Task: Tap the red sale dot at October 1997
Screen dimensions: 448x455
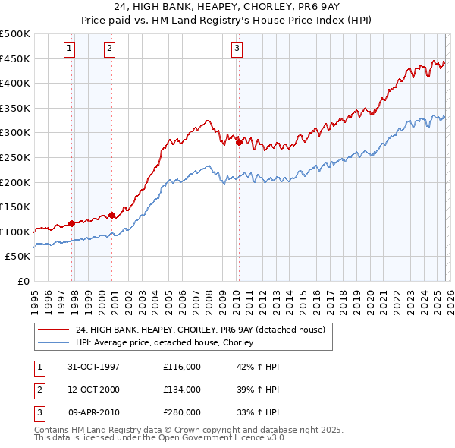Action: pyautogui.click(x=72, y=223)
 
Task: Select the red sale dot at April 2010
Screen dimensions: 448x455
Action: pyautogui.click(x=239, y=142)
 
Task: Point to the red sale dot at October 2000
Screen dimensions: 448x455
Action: pyautogui.click(x=111, y=215)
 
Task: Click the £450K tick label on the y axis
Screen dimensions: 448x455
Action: pyautogui.click(x=15, y=58)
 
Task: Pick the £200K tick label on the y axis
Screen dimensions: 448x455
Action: pyautogui.click(x=15, y=182)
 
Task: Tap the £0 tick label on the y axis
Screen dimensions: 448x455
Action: pyautogui.click(x=23, y=282)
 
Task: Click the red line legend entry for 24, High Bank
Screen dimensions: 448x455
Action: pyautogui.click(x=200, y=330)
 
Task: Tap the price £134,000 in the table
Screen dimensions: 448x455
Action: pyautogui.click(x=182, y=390)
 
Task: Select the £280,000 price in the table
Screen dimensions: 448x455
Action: pyautogui.click(x=182, y=412)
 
